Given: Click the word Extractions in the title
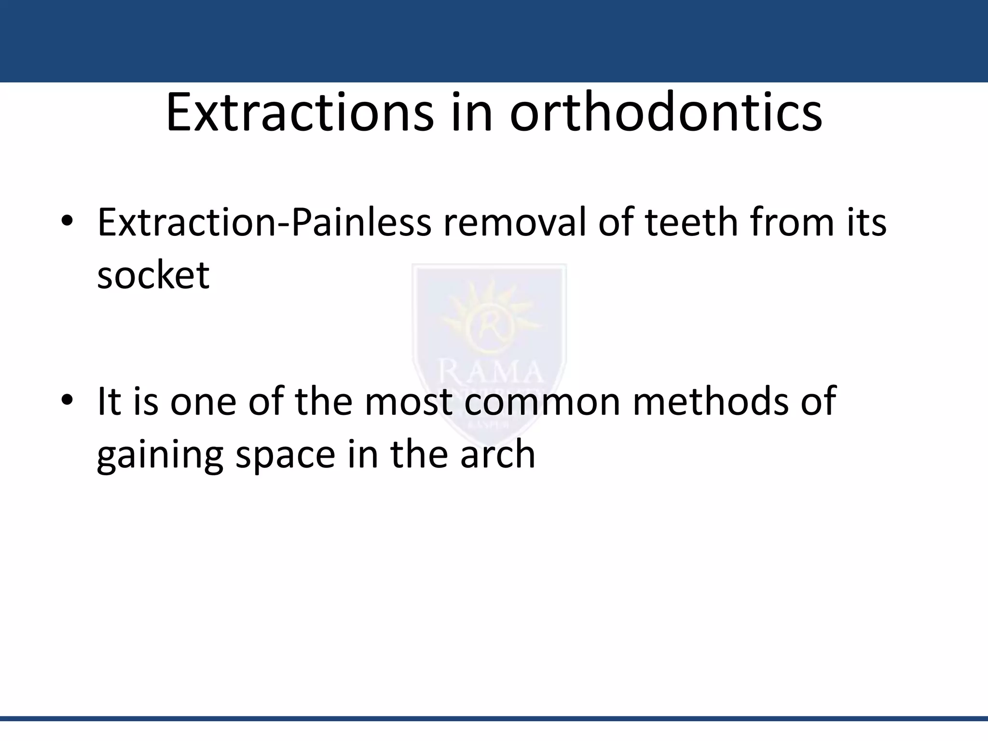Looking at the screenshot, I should pos(300,114).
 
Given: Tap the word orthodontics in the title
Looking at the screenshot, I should pos(666,114).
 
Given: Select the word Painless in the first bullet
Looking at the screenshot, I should pos(361,222).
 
